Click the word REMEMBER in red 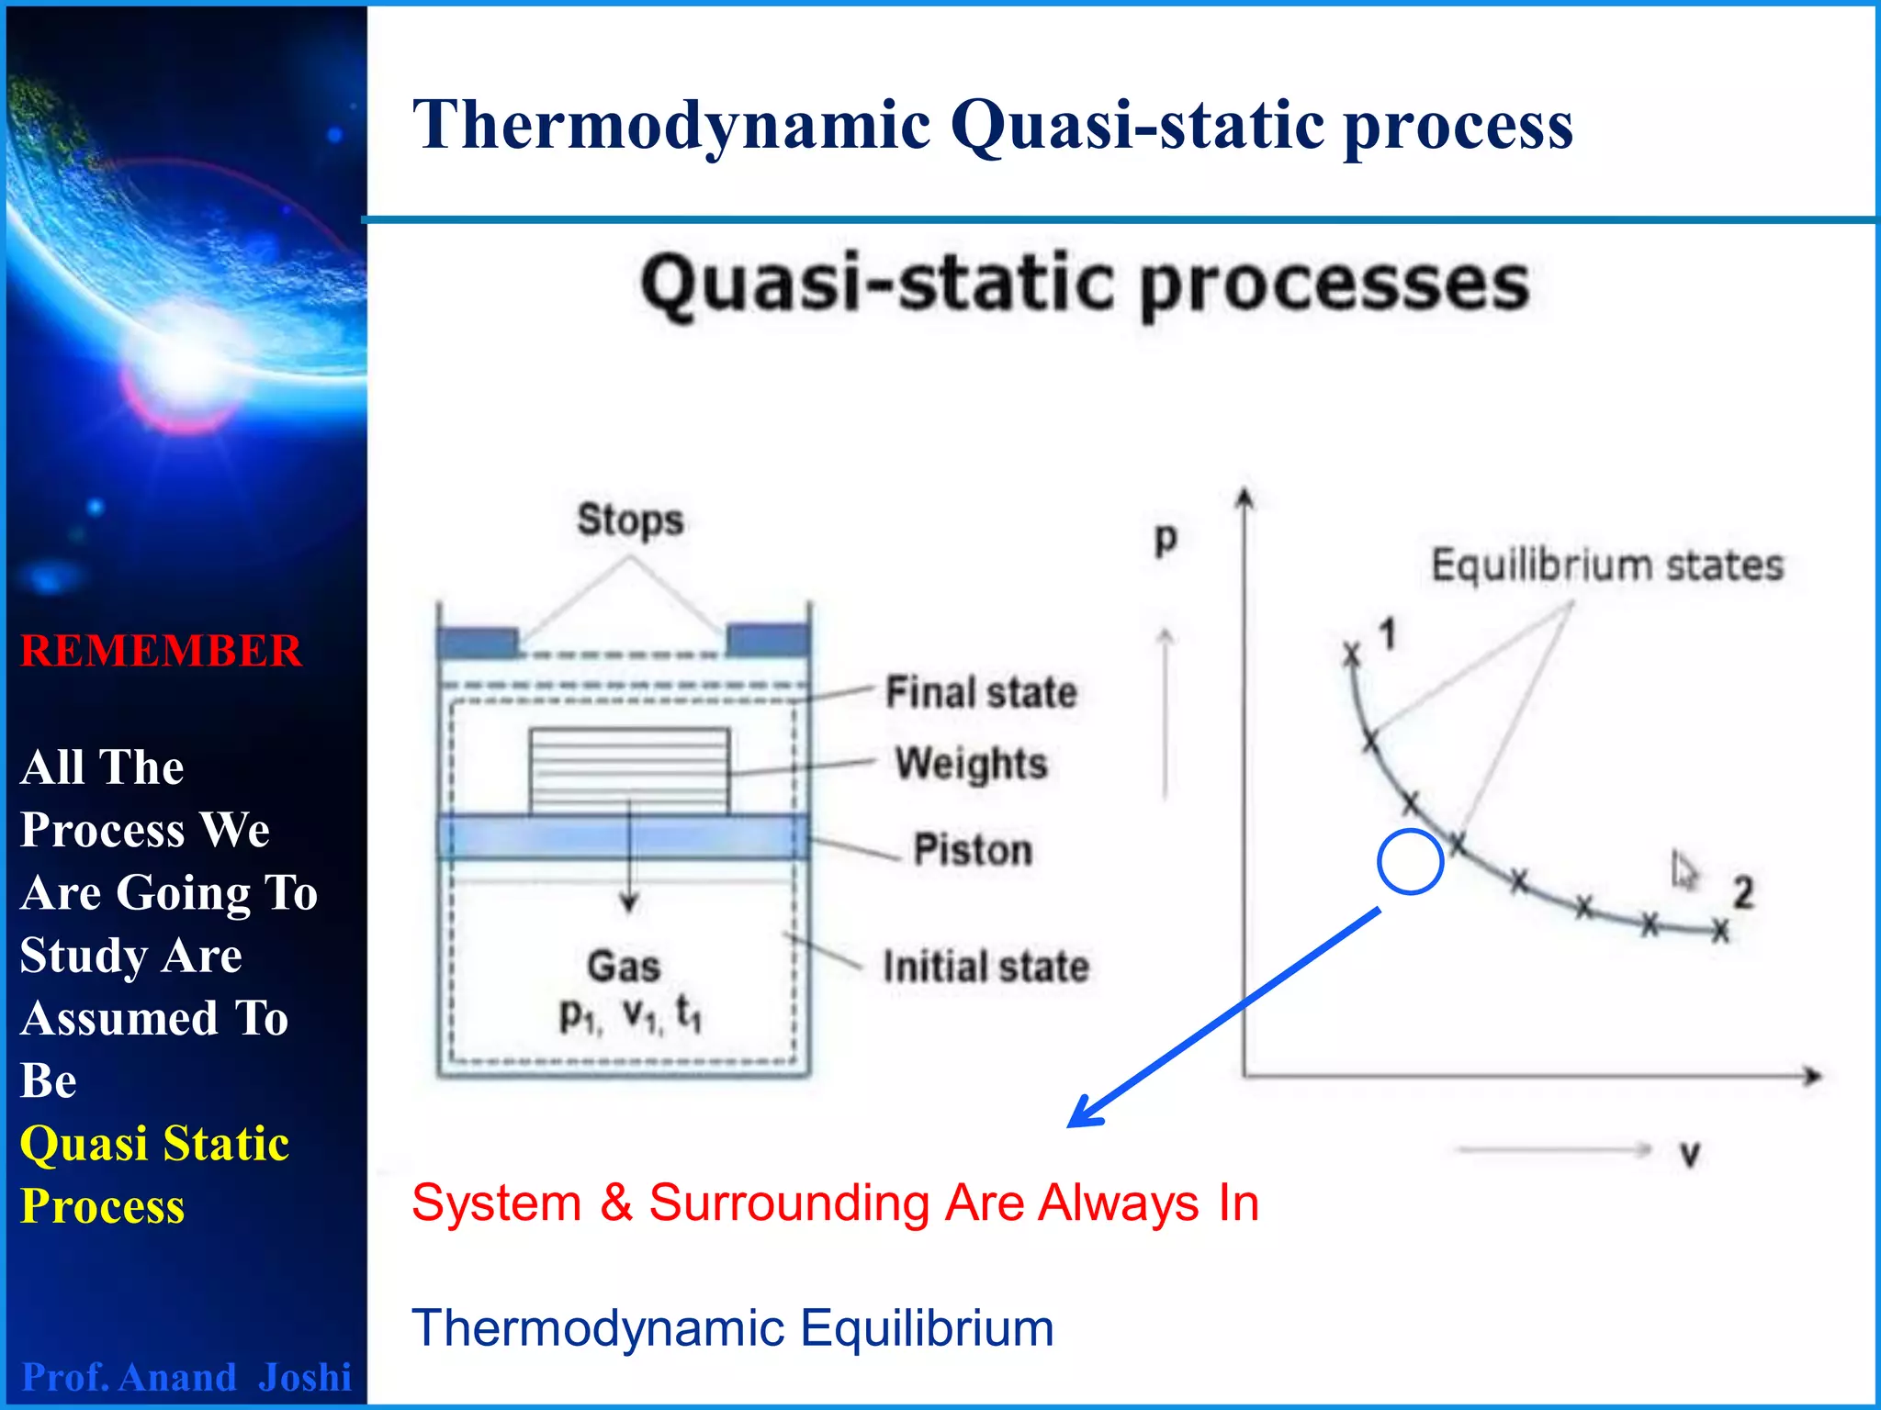pos(161,651)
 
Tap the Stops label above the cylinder pos(630,520)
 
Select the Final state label pos(981,692)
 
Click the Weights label pos(972,764)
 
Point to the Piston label pos(973,850)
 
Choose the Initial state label pos(986,967)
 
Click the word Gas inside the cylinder pos(624,967)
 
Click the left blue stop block pos(478,642)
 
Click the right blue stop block pos(768,640)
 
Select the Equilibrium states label pos(1607,565)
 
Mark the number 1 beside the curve pos(1388,634)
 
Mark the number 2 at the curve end pos(1742,892)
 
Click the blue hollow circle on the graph pos(1410,861)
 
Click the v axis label pos(1690,1153)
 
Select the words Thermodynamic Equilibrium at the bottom pos(732,1327)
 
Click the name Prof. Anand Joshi pos(186,1377)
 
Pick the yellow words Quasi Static pos(154,1144)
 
